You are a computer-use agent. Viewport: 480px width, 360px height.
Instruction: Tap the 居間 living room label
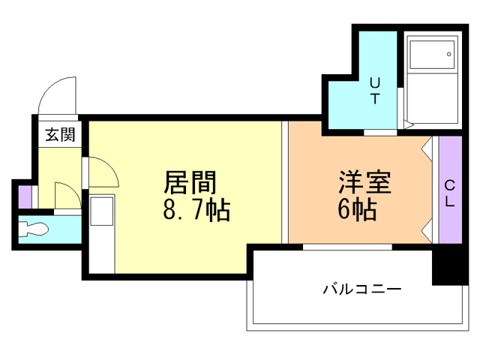[190, 182]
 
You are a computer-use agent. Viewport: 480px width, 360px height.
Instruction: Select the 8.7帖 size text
[196, 211]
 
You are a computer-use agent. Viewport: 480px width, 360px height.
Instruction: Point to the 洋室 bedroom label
[365, 181]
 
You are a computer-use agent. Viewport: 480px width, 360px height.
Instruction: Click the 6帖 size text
[356, 211]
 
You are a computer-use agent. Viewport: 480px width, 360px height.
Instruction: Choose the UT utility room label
[375, 90]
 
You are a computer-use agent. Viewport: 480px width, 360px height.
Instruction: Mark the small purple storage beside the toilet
[25, 196]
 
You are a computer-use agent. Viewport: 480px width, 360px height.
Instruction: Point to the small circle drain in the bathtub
[448, 54]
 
